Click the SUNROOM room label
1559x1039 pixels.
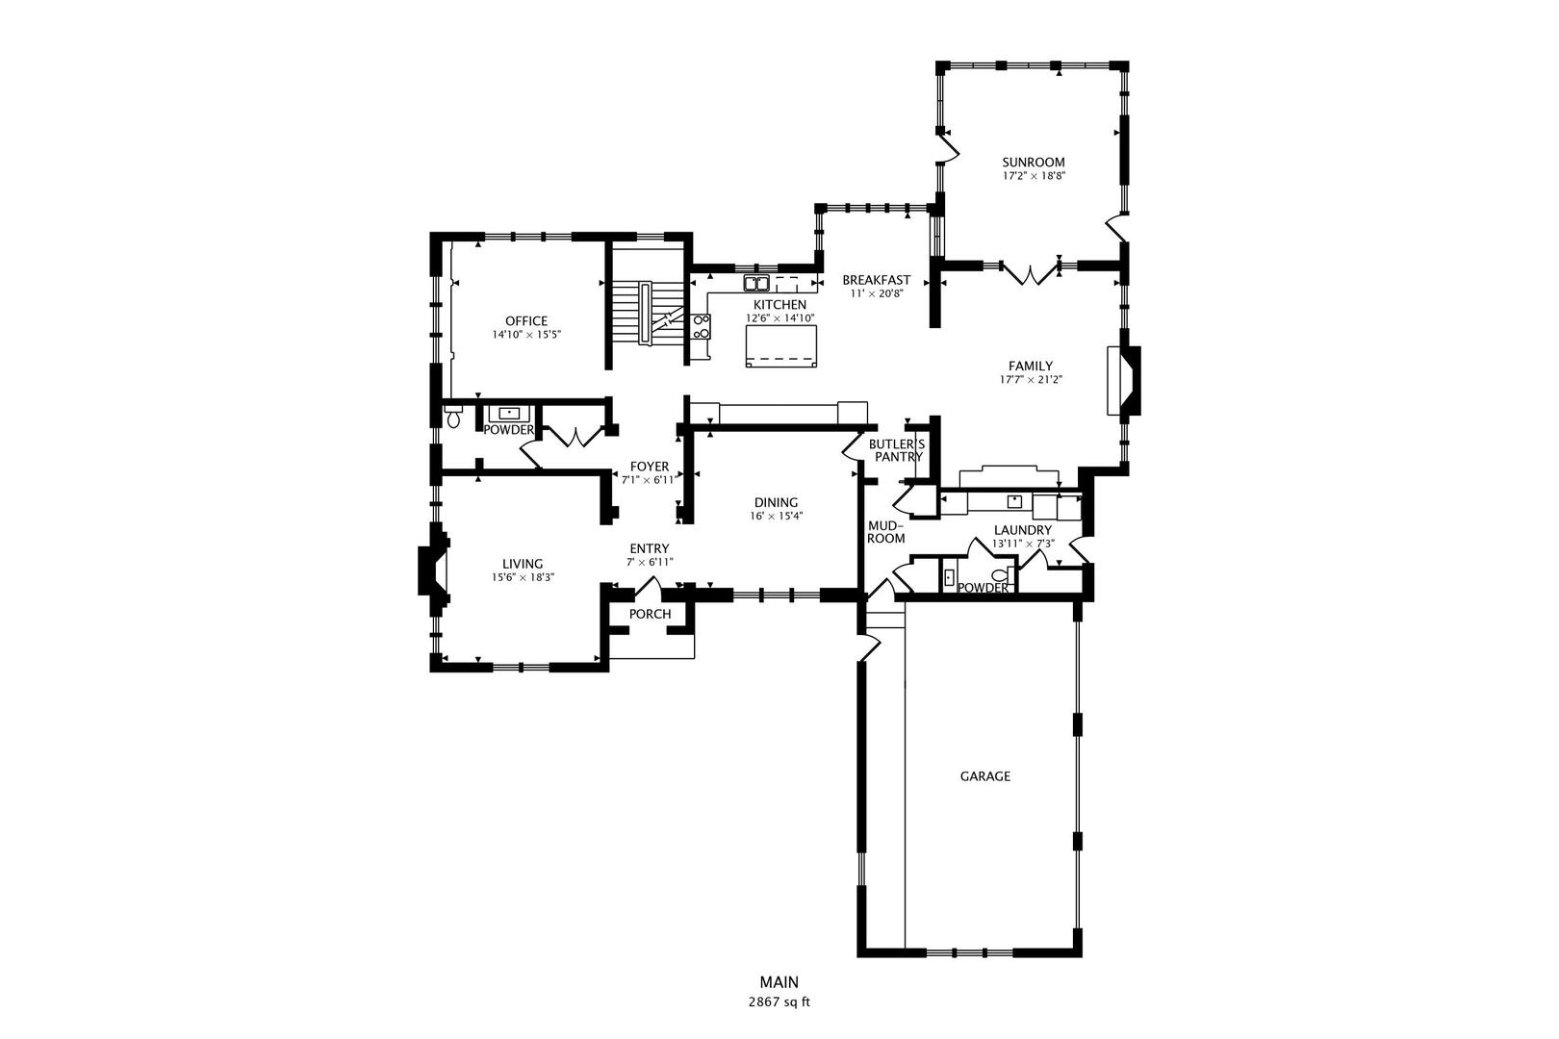tap(1033, 163)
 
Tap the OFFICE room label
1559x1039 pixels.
tap(526, 320)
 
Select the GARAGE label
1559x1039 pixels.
tap(984, 776)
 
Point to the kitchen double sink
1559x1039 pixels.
tap(755, 283)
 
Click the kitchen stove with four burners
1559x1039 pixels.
tap(701, 326)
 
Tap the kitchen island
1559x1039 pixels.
tap(780, 346)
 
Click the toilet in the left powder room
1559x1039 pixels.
tap(453, 416)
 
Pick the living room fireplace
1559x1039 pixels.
tap(432, 570)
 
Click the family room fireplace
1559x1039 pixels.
tap(1124, 381)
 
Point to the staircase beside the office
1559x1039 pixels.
tap(648, 313)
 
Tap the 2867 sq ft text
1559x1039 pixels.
tap(779, 1002)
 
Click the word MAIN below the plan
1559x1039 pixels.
tap(779, 982)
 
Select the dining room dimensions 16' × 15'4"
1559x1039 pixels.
tap(776, 517)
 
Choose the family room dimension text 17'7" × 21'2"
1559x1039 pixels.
tap(1031, 380)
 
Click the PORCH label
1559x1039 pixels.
tap(650, 614)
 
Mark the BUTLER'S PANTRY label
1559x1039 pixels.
tap(898, 450)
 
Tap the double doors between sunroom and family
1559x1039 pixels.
tap(1030, 273)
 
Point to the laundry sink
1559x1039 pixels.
tap(1014, 500)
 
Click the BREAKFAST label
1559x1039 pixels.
tap(877, 280)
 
